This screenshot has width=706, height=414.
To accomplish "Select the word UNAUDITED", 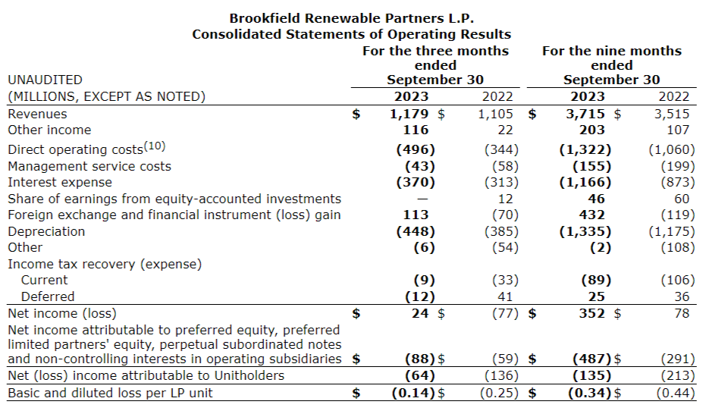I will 45,80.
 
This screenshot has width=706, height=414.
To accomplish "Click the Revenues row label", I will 37,114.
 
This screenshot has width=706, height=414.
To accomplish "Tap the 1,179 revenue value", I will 409,114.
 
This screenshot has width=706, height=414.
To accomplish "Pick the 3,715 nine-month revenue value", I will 587,114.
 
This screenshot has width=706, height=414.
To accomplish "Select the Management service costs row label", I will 89,166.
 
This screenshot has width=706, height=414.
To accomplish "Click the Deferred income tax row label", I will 48,296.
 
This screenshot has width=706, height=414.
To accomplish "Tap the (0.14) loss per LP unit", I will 414,393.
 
